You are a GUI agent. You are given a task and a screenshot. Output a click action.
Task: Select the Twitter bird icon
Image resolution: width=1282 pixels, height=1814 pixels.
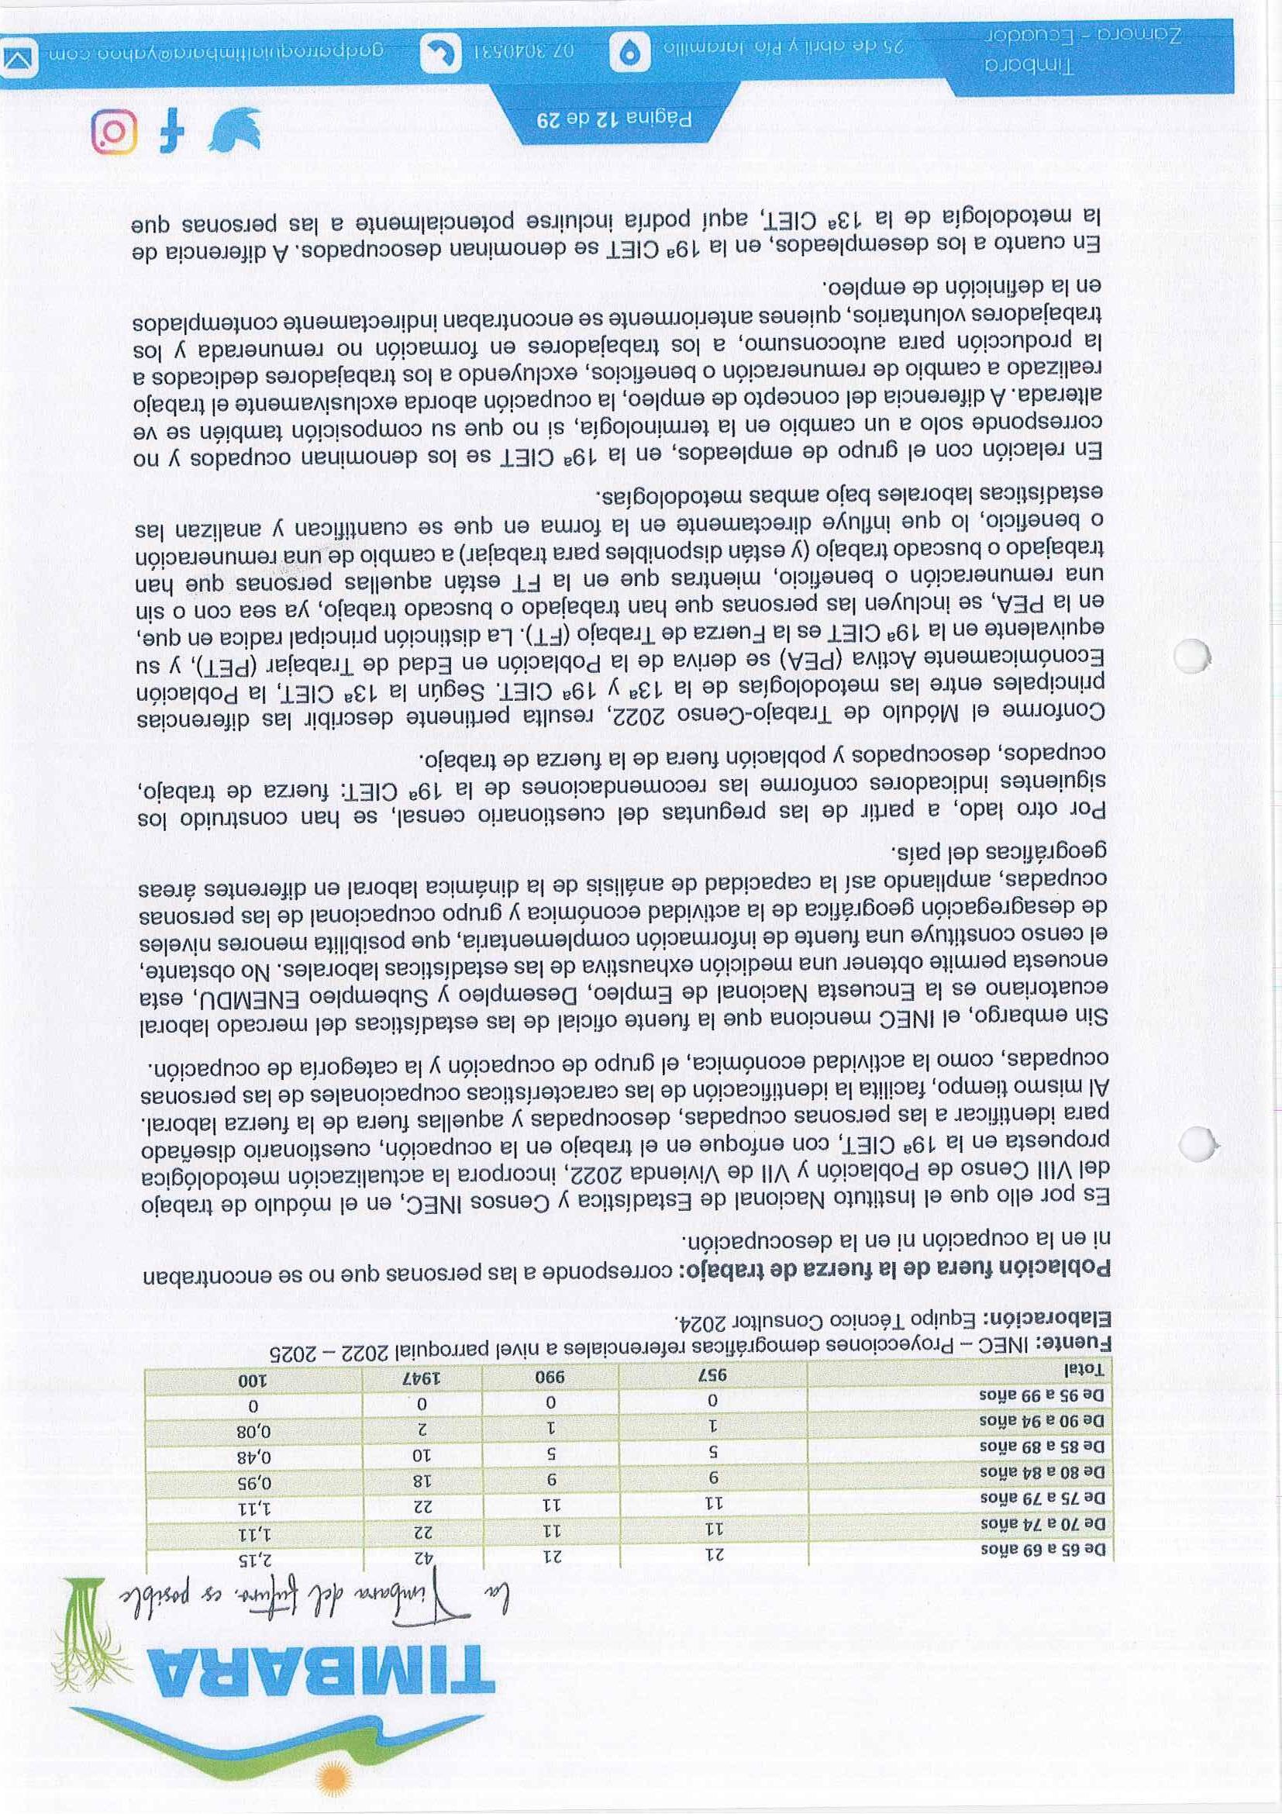[x=234, y=131]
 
